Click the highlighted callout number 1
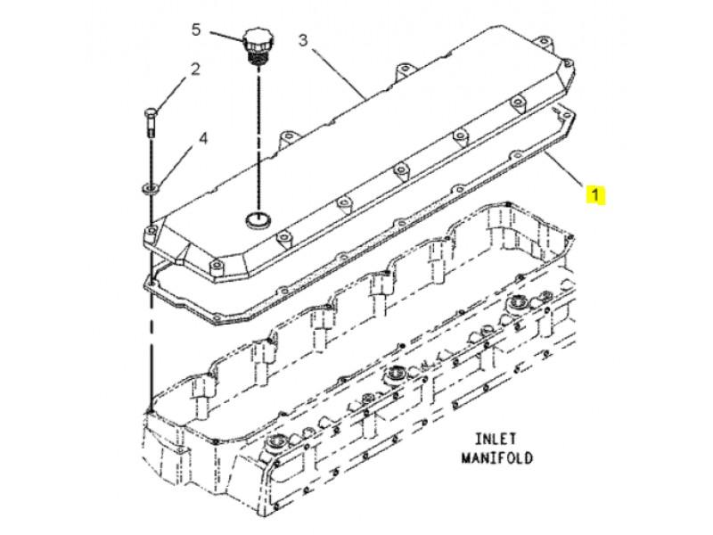(x=595, y=194)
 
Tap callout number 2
(x=195, y=70)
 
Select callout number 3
(x=303, y=40)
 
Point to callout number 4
(x=203, y=138)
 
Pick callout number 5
(x=196, y=30)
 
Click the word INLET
(x=496, y=439)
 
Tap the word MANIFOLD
(x=497, y=457)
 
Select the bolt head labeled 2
(x=151, y=112)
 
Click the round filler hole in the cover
(x=258, y=219)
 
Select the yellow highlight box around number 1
(x=595, y=194)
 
